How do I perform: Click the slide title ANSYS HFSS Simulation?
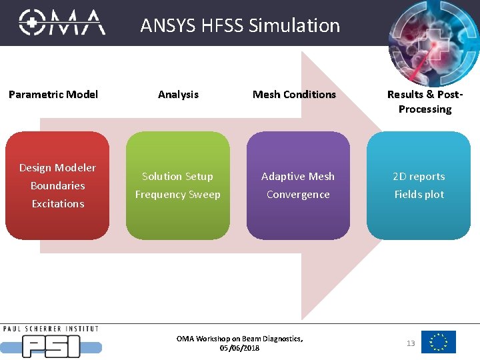click(240, 25)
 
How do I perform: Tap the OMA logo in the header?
click(61, 23)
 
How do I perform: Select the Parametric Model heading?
click(53, 95)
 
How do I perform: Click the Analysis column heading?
click(178, 95)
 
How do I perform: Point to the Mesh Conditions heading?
click(294, 95)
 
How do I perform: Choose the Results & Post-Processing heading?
click(425, 101)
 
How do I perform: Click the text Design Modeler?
click(57, 168)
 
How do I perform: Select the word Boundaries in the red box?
click(57, 186)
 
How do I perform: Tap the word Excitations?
click(58, 204)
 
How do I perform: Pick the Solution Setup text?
click(177, 177)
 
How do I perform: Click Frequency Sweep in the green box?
click(177, 195)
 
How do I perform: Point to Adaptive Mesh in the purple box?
click(298, 177)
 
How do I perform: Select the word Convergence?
click(298, 195)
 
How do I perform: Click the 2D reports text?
click(419, 177)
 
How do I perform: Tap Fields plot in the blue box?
click(419, 195)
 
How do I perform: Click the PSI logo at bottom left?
click(51, 343)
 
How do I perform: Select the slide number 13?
click(411, 343)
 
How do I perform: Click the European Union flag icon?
click(439, 342)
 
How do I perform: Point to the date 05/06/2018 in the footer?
click(239, 348)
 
